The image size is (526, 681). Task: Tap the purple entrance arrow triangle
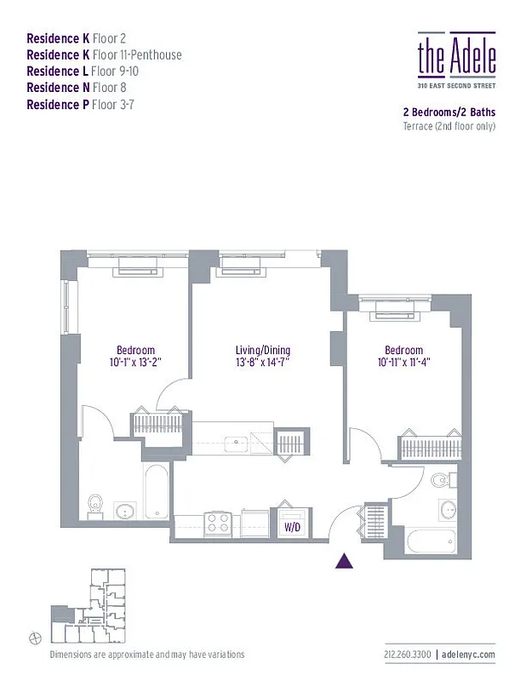345,560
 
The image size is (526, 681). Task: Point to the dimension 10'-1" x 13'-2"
135,363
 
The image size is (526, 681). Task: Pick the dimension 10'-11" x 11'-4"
403,363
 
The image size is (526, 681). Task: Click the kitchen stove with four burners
218,521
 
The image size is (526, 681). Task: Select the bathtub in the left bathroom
157,491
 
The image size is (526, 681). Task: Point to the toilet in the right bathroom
439,482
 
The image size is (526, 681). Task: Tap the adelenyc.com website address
468,655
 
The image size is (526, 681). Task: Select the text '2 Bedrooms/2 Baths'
449,112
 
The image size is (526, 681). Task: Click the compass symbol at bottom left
34,637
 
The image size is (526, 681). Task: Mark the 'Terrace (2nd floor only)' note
449,126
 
